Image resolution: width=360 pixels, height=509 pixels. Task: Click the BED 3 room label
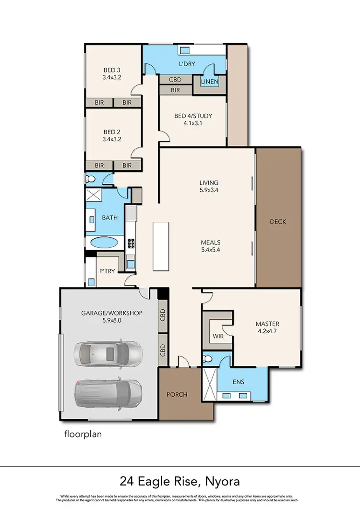(111, 73)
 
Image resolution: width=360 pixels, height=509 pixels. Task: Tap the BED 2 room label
(111, 135)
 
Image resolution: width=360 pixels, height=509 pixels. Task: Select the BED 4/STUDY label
(193, 119)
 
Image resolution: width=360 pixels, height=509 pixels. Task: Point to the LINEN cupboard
(210, 82)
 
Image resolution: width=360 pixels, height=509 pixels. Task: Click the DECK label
(278, 221)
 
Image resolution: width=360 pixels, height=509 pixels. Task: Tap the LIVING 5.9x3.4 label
(209, 186)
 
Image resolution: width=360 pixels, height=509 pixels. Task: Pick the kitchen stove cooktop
(131, 244)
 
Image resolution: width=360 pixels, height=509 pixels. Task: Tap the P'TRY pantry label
(106, 271)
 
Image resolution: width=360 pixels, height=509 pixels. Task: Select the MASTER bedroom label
(267, 327)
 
